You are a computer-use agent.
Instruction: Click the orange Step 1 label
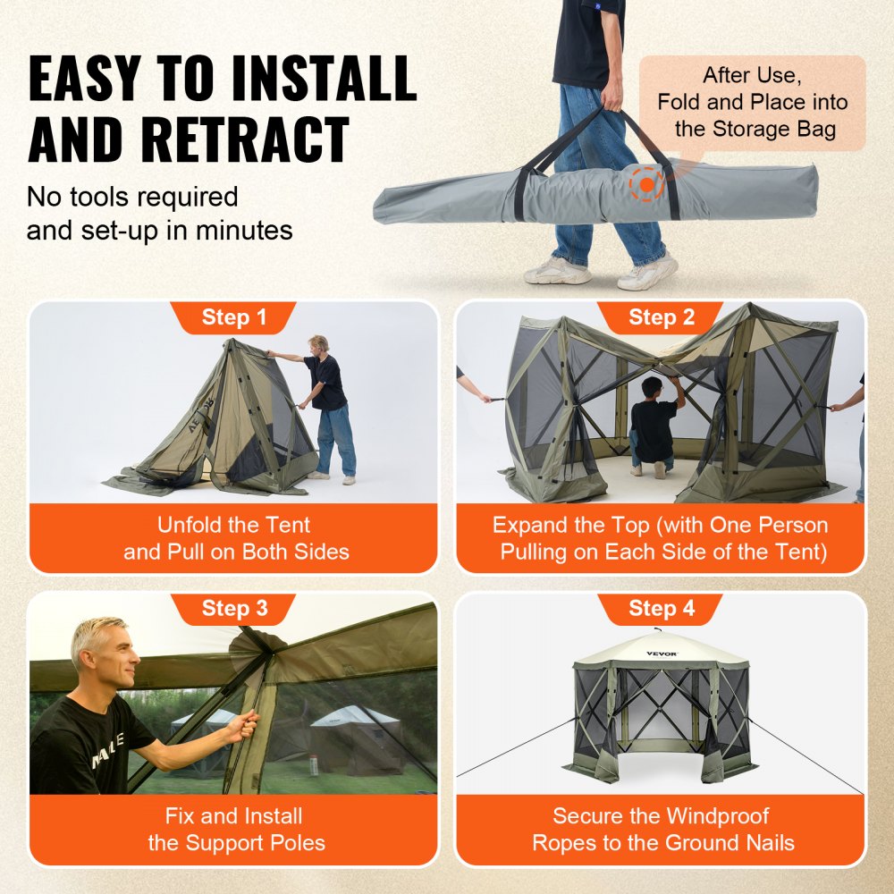pos(233,317)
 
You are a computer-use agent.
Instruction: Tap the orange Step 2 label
pos(661,317)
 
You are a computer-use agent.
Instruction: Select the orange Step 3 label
pos(233,609)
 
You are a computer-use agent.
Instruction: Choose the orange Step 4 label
pos(661,609)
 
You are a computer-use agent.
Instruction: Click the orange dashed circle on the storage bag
pos(645,184)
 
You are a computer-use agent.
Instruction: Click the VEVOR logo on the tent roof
pos(662,654)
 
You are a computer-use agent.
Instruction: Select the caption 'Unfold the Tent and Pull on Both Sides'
pos(233,538)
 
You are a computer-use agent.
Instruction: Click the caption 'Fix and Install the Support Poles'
pos(233,829)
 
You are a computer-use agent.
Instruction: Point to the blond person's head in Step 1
pos(319,344)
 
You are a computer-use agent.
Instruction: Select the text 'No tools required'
pos(132,196)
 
